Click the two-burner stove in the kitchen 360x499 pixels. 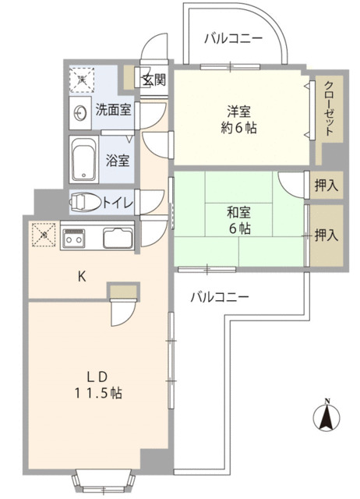click(x=76, y=239)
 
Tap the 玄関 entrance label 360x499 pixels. click(x=154, y=78)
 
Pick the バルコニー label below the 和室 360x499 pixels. click(x=220, y=296)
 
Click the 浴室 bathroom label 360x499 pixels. click(x=118, y=161)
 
